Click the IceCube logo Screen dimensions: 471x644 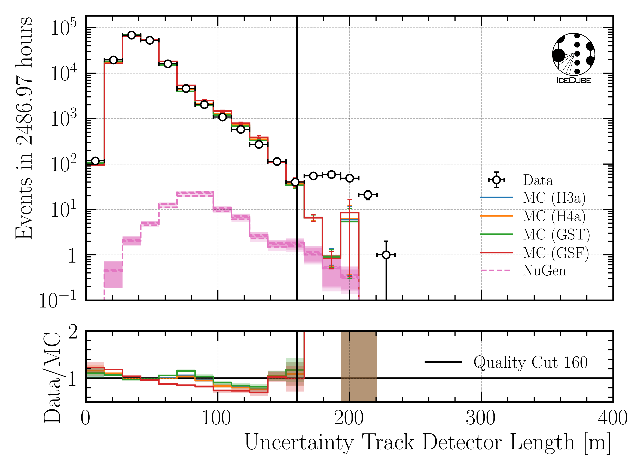(x=573, y=58)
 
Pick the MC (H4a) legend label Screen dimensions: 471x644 (x=554, y=216)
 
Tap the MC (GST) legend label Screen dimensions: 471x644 (x=556, y=234)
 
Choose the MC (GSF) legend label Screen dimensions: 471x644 (x=556, y=253)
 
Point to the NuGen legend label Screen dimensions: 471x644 (x=544, y=271)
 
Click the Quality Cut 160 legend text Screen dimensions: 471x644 (x=530, y=362)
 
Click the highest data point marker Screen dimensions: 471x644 (x=132, y=35)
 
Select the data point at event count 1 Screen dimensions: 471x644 (x=386, y=255)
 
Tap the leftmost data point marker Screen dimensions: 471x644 (x=95, y=161)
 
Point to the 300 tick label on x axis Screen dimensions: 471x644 (x=481, y=418)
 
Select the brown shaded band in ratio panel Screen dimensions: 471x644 (x=359, y=366)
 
